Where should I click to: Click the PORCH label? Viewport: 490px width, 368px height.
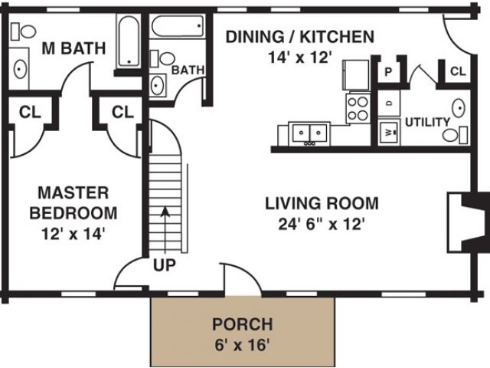[x=243, y=324]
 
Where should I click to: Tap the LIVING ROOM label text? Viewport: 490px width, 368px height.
[x=322, y=203]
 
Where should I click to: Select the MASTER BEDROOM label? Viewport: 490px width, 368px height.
[x=73, y=202]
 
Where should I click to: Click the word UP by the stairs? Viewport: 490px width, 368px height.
[x=165, y=265]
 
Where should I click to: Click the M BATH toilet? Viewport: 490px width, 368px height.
[x=24, y=31]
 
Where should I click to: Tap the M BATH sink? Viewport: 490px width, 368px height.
[x=19, y=69]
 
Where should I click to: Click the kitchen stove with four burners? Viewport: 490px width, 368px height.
[x=358, y=108]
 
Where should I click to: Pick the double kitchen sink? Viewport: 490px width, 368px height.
[x=309, y=133]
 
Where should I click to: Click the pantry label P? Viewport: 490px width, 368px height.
[x=388, y=72]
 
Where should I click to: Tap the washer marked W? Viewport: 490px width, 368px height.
[x=389, y=132]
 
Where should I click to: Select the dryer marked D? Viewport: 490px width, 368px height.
[x=389, y=103]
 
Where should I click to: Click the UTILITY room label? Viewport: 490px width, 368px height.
[x=427, y=122]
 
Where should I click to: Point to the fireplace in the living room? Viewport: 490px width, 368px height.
[x=465, y=222]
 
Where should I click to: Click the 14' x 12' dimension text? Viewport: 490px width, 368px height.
[x=299, y=58]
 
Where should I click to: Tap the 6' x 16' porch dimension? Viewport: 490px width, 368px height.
[x=242, y=345]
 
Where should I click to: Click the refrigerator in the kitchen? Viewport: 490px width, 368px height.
[x=356, y=75]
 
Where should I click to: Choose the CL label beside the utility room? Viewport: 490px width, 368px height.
[x=458, y=71]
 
